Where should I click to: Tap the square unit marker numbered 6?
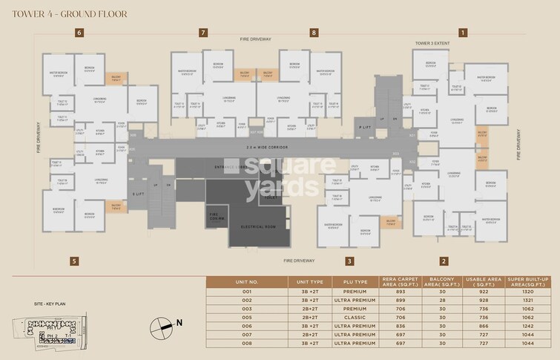click(x=78, y=33)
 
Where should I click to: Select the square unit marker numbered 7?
click(x=202, y=33)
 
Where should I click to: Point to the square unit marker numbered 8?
click(x=314, y=33)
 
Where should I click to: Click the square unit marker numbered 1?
click(x=463, y=33)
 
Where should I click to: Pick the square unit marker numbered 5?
click(x=73, y=261)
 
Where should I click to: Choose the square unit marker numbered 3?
click(x=349, y=261)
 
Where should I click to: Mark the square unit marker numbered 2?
click(x=443, y=261)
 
